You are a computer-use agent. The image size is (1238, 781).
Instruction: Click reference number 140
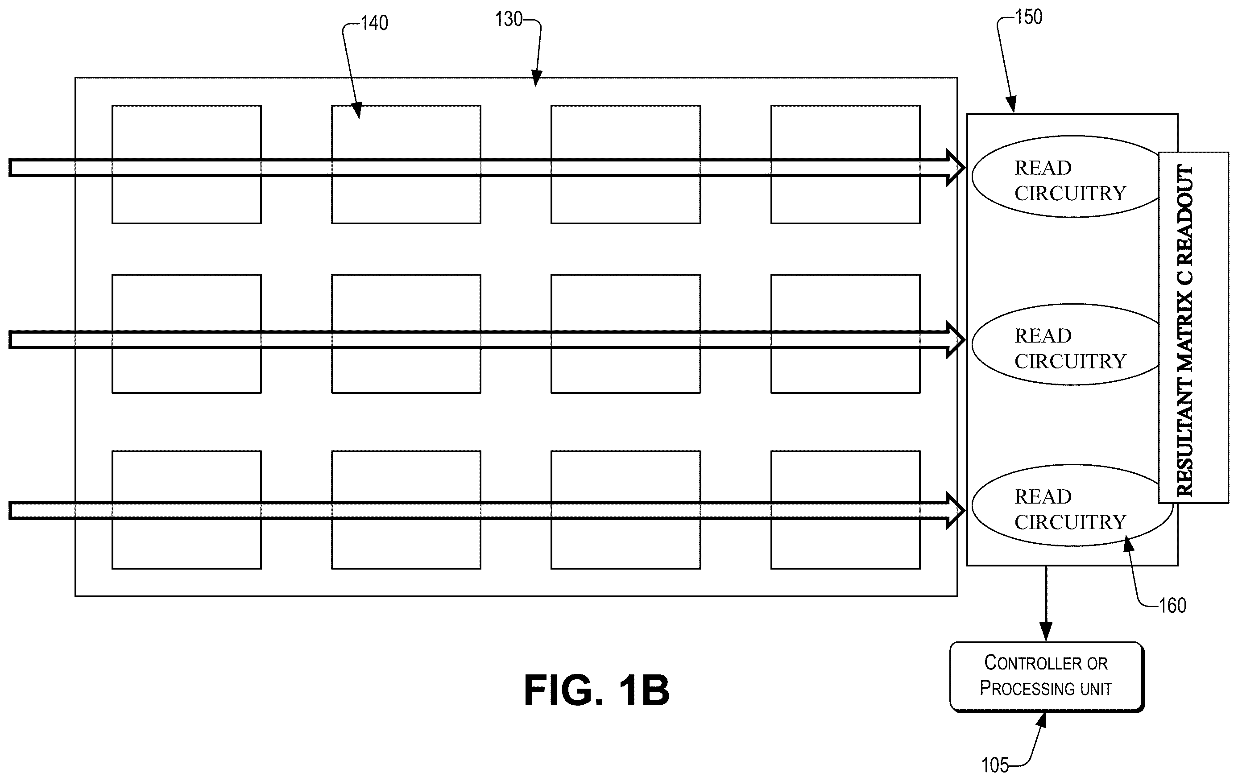(x=374, y=23)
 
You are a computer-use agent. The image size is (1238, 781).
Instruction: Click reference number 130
(x=509, y=20)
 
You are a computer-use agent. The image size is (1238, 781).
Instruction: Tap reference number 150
(x=1029, y=17)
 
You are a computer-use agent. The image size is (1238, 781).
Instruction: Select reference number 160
(x=1173, y=605)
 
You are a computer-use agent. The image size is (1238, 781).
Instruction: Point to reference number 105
(x=995, y=764)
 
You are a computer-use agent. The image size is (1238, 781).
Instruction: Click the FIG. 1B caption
(x=596, y=690)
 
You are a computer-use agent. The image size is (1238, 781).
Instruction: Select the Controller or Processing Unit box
(x=1047, y=676)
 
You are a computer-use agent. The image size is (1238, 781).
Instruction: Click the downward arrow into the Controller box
(x=1046, y=603)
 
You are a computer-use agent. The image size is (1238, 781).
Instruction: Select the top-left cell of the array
(x=186, y=165)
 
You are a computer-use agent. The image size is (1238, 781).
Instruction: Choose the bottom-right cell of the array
(x=845, y=509)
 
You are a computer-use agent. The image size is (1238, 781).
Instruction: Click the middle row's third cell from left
(x=625, y=334)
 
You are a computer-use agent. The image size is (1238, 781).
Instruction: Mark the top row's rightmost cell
(x=845, y=165)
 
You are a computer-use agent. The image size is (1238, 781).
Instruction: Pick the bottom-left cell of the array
(x=186, y=509)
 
